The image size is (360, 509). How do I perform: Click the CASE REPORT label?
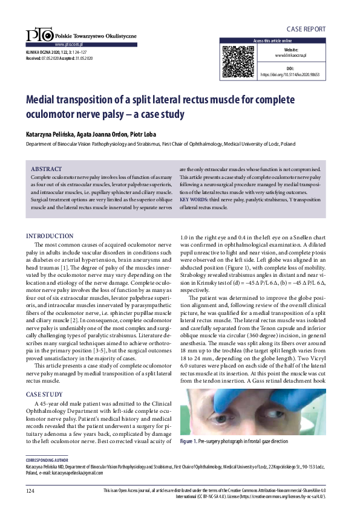click(306, 29)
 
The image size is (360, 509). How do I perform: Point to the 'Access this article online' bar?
click(273, 41)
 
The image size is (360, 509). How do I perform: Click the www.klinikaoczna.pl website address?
click(291, 55)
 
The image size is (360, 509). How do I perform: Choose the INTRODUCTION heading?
click(50, 236)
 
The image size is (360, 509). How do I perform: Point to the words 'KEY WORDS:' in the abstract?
click(195, 199)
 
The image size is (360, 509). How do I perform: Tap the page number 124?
click(31, 491)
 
